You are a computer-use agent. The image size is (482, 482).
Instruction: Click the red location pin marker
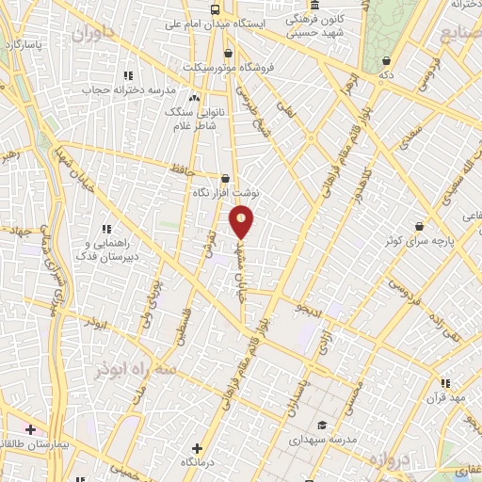click(x=242, y=220)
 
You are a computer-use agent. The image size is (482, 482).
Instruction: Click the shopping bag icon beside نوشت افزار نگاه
click(x=225, y=178)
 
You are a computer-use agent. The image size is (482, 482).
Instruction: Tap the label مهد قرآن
click(x=445, y=398)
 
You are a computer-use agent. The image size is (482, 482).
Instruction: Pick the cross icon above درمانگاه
click(x=197, y=448)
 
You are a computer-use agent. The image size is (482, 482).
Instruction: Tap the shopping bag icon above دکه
click(x=384, y=58)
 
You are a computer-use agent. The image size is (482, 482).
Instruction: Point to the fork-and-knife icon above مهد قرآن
click(x=445, y=383)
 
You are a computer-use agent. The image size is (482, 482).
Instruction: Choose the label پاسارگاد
click(x=25, y=44)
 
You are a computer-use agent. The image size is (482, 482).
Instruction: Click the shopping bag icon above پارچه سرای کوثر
click(x=419, y=226)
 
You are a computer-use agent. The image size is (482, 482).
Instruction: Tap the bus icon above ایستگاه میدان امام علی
click(x=216, y=9)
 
